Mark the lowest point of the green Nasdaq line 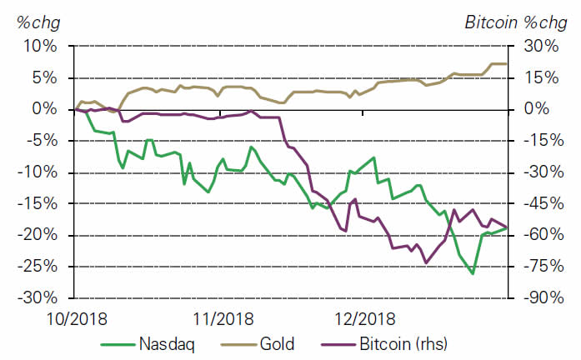[473, 273]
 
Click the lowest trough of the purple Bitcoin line [427, 262]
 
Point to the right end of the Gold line [506, 63]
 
